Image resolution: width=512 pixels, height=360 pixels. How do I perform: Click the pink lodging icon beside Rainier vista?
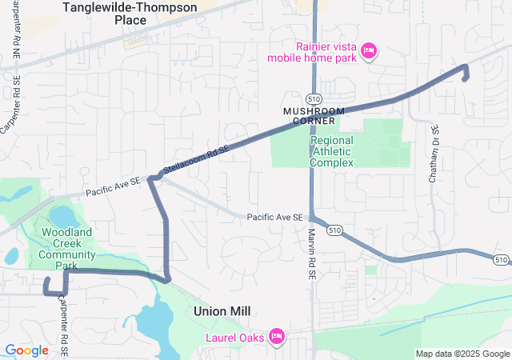point(369,51)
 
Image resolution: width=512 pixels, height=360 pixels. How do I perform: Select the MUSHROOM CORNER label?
point(314,115)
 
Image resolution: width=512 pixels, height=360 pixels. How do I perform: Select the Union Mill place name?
point(222,310)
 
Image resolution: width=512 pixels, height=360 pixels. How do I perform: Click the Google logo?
point(27,350)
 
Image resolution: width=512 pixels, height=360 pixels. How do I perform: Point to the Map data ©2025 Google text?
point(462,354)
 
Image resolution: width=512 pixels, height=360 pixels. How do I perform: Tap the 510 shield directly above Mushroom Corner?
point(318,98)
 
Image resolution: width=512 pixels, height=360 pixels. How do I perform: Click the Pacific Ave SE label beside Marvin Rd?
point(274,217)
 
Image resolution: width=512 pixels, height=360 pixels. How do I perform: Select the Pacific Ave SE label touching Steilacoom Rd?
point(114,186)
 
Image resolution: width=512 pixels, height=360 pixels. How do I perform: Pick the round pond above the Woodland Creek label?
point(61,216)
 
